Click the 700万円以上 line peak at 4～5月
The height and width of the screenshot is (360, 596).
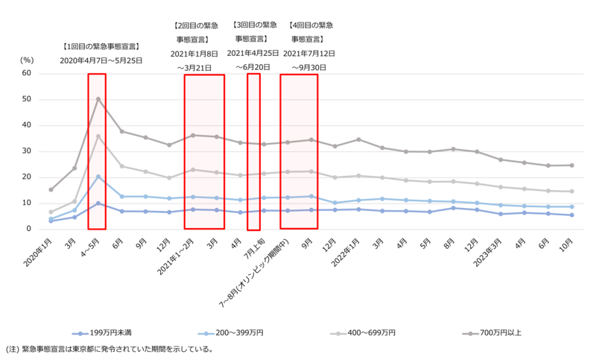pos(98,99)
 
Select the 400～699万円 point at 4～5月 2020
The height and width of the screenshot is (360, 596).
pos(98,136)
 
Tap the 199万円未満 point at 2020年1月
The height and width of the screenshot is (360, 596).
pos(51,221)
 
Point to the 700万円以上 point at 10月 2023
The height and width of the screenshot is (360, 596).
pos(571,165)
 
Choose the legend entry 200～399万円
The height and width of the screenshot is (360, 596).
pos(238,332)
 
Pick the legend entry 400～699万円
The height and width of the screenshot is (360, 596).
pos(370,332)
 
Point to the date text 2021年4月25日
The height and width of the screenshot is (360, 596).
pos(253,53)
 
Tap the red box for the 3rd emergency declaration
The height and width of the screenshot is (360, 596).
pos(253,149)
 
